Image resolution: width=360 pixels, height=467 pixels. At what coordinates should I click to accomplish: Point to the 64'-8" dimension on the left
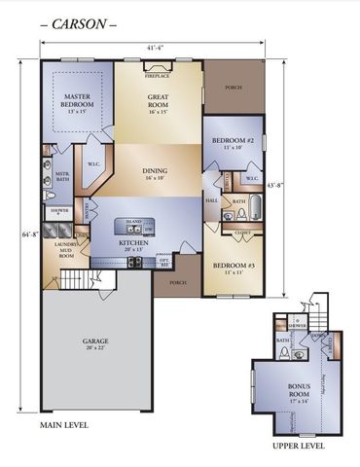pos(22,233)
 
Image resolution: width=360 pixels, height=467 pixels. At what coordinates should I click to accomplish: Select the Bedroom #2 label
pos(233,143)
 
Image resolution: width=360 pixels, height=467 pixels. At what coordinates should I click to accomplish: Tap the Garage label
pos(95,343)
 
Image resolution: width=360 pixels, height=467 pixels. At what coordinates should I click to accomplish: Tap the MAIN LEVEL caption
pos(64,427)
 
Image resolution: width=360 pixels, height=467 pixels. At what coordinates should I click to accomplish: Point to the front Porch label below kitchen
pos(177,283)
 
